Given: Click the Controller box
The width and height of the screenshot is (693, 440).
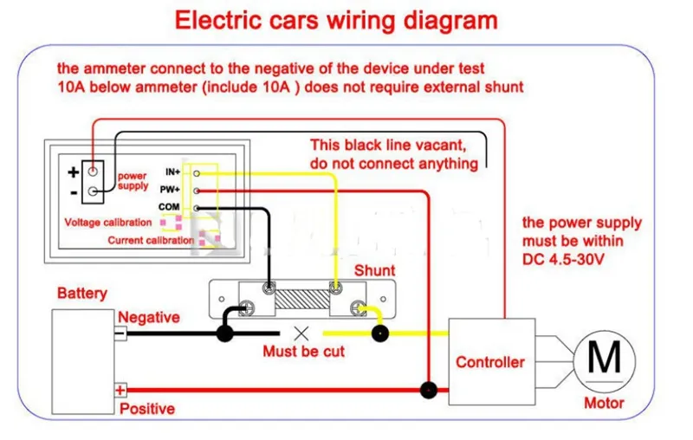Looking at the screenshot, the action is coord(492,361).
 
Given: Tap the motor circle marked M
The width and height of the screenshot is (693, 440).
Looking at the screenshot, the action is coord(604,361).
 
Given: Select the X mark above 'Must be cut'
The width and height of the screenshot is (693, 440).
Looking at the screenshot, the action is coord(301,333).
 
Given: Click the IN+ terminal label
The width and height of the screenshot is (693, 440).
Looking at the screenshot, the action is coord(172,171).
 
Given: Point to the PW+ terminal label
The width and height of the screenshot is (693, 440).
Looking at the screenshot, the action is coord(170,190).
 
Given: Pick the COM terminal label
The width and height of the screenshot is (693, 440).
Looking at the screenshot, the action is coord(169,207).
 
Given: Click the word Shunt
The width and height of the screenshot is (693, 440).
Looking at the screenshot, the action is coord(375,270).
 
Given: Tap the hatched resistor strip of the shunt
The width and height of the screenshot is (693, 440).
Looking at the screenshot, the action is coord(302,300).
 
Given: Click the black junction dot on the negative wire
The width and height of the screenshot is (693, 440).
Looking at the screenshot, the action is coord(225,333).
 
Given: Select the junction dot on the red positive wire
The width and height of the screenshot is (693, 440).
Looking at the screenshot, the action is coord(428,390).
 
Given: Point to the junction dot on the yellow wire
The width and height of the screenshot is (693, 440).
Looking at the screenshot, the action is coord(379,333).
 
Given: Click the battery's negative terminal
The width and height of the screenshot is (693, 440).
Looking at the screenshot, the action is coord(120,333).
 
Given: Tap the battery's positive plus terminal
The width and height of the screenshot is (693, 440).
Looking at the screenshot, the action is coord(120,390).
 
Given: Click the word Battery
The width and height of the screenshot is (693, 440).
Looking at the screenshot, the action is coord(82,294).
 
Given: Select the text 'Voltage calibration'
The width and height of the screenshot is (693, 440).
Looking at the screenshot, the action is coord(107,223).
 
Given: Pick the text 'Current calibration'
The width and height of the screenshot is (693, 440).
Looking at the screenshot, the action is coord(151,240).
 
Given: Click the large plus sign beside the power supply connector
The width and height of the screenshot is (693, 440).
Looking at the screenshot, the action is coord(74,171).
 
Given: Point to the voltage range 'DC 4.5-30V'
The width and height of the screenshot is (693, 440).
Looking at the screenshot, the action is coord(563,259).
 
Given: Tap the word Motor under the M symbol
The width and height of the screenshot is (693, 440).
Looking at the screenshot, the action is coord(604,403).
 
